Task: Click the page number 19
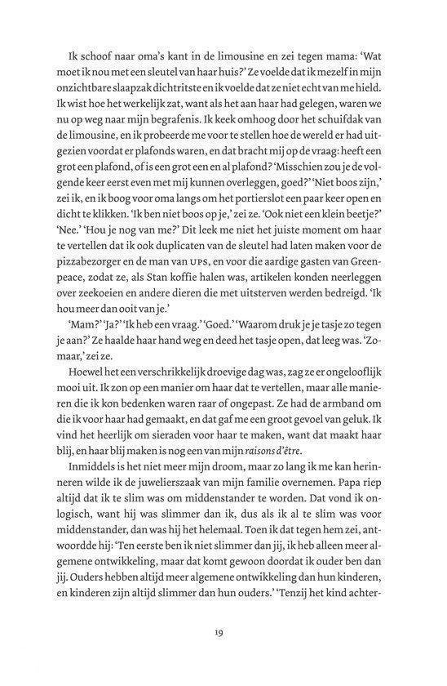223,631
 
